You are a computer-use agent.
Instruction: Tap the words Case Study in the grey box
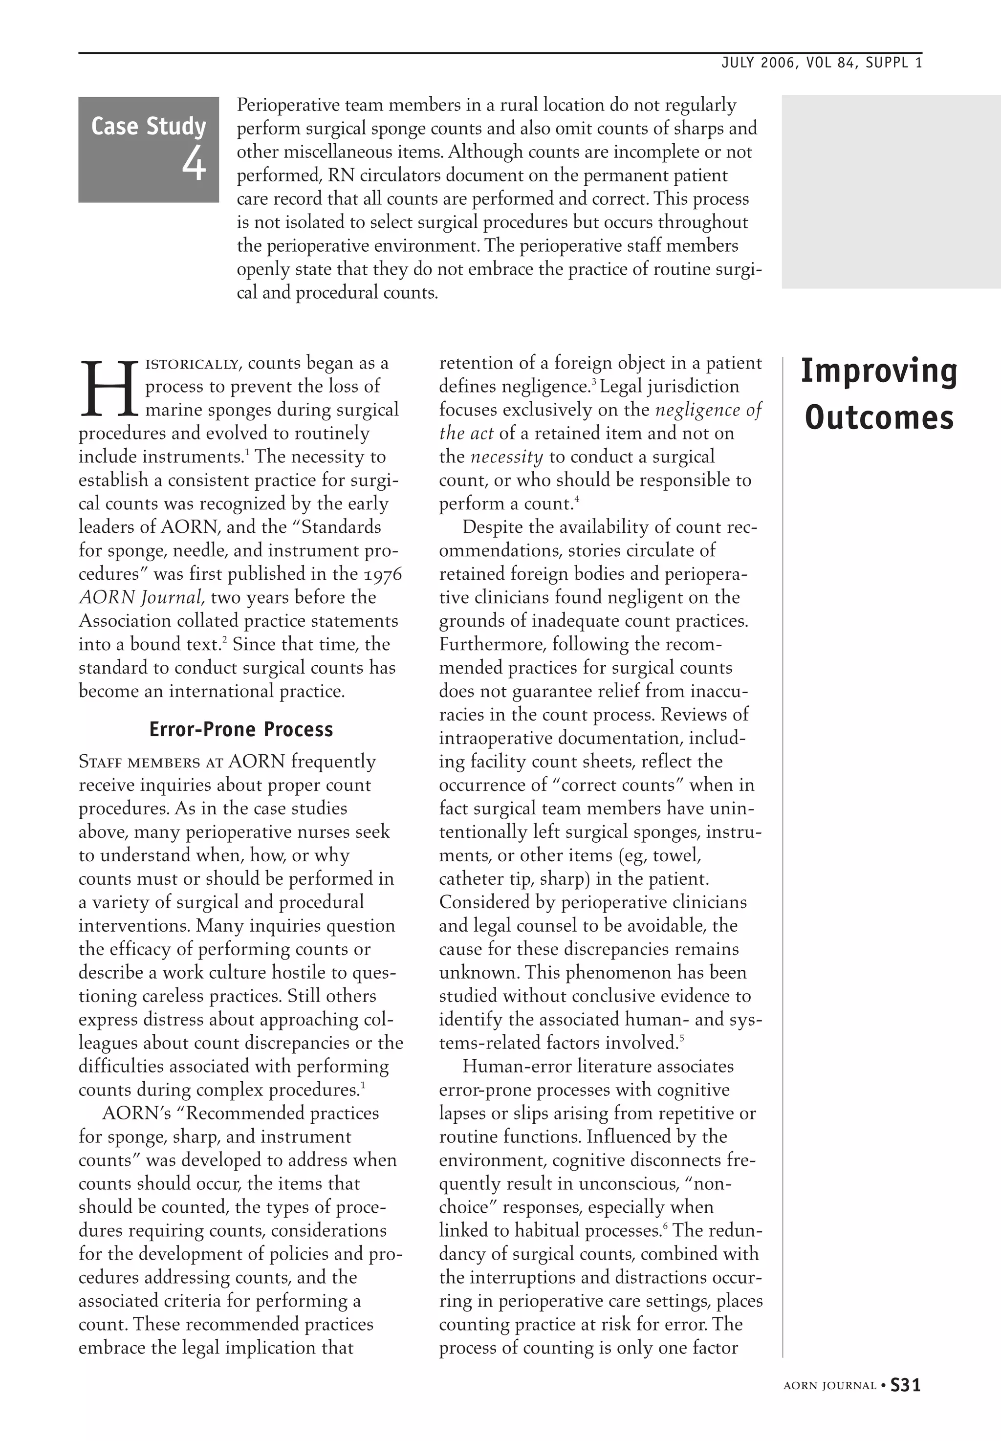click(x=149, y=126)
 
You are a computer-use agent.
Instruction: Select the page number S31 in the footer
click(x=905, y=1385)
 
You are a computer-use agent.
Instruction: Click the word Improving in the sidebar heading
click(x=879, y=371)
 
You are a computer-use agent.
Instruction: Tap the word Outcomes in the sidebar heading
click(x=879, y=417)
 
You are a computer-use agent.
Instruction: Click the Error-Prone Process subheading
click(x=241, y=729)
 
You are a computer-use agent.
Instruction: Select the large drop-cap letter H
click(x=108, y=389)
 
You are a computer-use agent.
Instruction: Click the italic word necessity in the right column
click(x=506, y=457)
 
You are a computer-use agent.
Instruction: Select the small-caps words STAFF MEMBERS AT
click(x=151, y=763)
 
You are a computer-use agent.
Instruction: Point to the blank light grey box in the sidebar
click(x=891, y=191)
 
